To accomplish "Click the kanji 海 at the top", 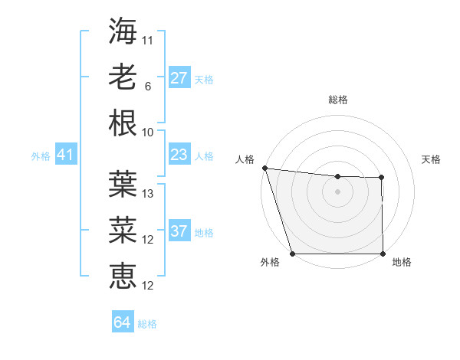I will click(123, 30).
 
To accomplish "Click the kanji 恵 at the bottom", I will click(123, 276).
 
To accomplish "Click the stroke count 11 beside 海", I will click(148, 39).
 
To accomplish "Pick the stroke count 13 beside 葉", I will click(148, 194).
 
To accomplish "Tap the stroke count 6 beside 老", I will click(148, 87).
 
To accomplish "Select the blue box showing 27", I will click(179, 78).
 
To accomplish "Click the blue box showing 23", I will click(179, 155).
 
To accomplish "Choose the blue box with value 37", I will click(179, 232).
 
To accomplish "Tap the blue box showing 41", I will click(65, 155).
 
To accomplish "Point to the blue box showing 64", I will click(122, 322).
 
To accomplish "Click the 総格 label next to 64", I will click(147, 324).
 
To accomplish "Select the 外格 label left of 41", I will click(41, 156).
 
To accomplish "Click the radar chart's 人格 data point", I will click(264, 168).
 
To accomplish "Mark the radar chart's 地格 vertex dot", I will click(383, 254).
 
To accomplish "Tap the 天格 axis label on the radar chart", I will click(431, 159).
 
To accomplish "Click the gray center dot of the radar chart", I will click(337, 191).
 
